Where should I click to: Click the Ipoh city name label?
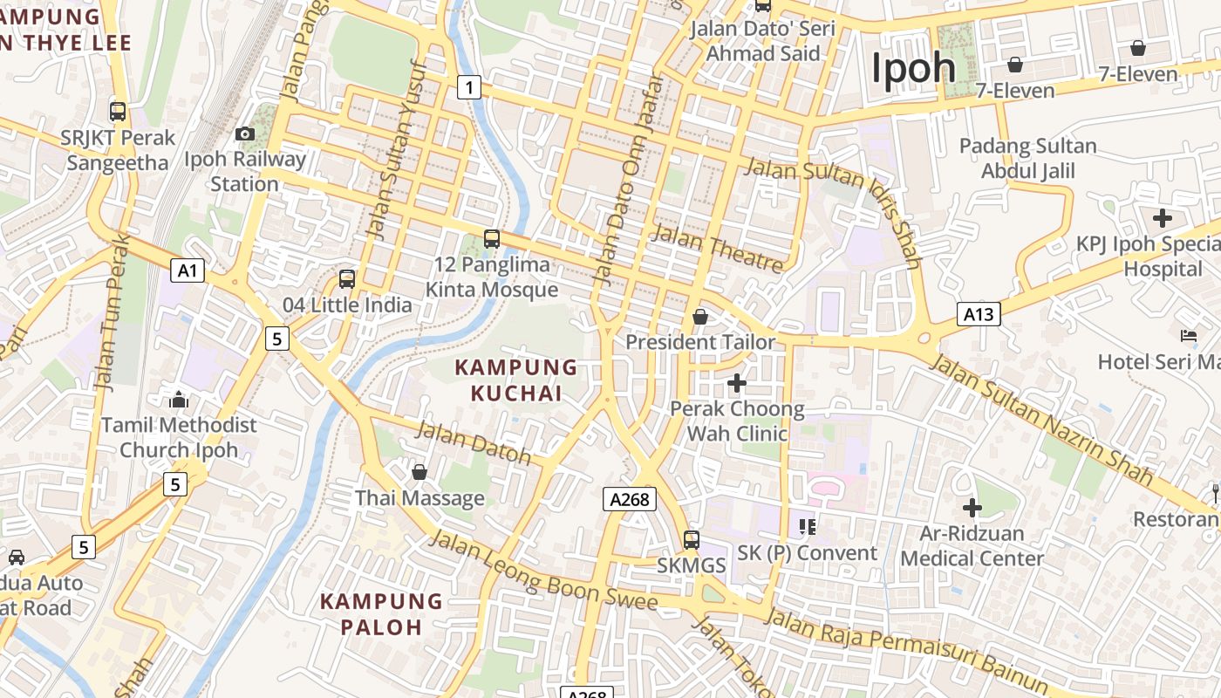pyautogui.click(x=914, y=68)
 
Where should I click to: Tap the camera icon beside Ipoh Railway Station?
pyautogui.click(x=245, y=133)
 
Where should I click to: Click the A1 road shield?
pyautogui.click(x=188, y=270)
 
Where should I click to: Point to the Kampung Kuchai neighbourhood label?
pyautogui.click(x=516, y=380)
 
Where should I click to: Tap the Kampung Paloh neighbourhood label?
pyautogui.click(x=381, y=613)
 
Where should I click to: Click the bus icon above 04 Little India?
pyautogui.click(x=347, y=279)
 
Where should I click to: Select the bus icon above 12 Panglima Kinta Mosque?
pyautogui.click(x=492, y=238)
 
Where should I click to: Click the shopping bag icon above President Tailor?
pyautogui.click(x=699, y=317)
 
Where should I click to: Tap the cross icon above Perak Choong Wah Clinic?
pyautogui.click(x=737, y=382)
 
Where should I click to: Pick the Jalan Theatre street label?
pyautogui.click(x=717, y=248)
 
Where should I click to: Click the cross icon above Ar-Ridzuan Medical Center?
pyautogui.click(x=972, y=507)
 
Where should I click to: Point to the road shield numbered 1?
pyautogui.click(x=469, y=86)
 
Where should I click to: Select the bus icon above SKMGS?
pyautogui.click(x=692, y=540)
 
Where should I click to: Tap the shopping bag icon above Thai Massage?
pyautogui.click(x=420, y=472)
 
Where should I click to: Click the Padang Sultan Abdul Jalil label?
pyautogui.click(x=1028, y=158)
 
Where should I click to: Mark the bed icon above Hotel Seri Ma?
pyautogui.click(x=1188, y=335)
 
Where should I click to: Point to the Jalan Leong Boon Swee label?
pyautogui.click(x=543, y=571)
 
